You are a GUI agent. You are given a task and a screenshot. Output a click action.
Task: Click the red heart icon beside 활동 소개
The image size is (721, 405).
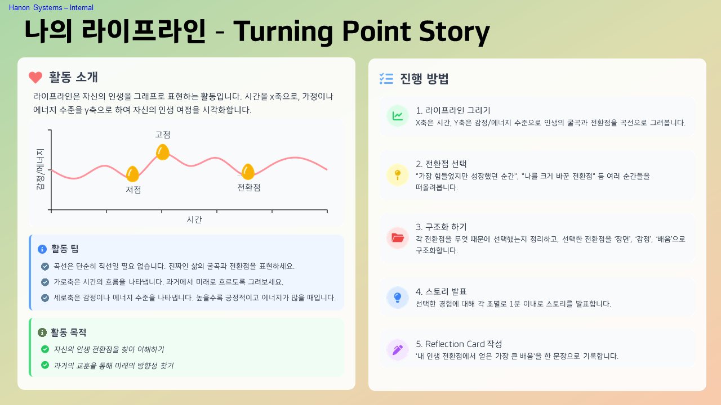[35, 78]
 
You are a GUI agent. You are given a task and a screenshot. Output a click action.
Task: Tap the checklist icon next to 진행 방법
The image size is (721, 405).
[386, 79]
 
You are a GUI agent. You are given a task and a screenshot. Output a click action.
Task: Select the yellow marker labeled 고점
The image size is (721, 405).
[163, 152]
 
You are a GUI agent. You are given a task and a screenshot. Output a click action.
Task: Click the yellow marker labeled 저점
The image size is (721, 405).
[132, 174]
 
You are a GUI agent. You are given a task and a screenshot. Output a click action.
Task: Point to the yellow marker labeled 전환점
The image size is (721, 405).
[248, 172]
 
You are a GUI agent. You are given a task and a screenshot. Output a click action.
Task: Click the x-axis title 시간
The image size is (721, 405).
[194, 219]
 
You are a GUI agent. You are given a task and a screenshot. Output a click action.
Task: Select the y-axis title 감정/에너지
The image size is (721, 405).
[40, 169]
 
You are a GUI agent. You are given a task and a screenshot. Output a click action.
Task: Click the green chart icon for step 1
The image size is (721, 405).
[398, 116]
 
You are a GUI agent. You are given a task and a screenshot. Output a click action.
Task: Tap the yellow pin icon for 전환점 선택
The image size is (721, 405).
[398, 175]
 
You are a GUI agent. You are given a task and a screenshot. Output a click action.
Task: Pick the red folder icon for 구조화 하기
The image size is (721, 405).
[398, 238]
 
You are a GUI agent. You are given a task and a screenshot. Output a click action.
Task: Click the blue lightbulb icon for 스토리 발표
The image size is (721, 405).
[398, 298]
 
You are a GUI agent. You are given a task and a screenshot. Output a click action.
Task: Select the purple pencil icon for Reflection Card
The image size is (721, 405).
[398, 350]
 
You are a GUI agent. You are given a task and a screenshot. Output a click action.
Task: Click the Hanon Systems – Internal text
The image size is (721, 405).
[51, 8]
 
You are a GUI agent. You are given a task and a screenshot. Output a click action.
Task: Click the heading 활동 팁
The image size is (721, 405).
[65, 249]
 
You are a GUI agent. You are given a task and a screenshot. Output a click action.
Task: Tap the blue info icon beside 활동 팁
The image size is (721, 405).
[42, 249]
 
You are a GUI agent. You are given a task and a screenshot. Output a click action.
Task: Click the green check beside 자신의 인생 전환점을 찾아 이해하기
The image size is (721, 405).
[45, 349]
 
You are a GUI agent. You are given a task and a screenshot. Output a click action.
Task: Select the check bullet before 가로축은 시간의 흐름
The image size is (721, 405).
[45, 282]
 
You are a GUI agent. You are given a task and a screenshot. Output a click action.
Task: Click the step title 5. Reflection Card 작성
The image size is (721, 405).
[459, 344]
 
